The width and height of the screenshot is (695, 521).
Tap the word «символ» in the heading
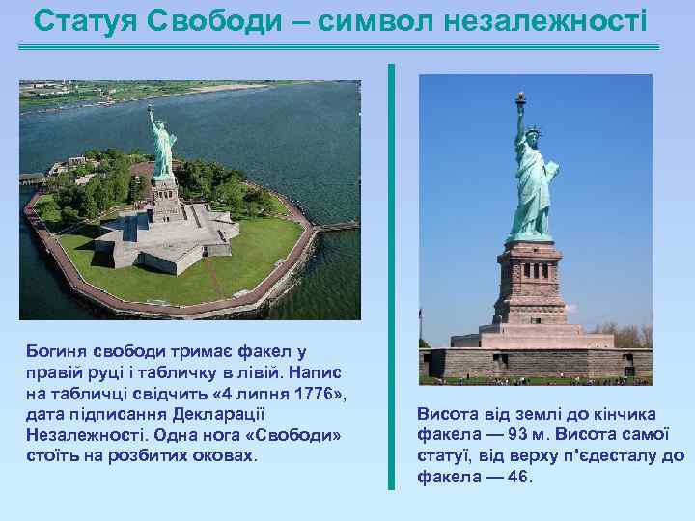pos(376,18)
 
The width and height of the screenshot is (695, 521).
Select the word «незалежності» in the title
pos(546,18)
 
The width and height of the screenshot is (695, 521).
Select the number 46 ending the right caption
pos(517,477)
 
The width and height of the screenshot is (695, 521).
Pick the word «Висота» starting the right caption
pos(447,413)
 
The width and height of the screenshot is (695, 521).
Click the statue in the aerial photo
pos(160,145)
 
